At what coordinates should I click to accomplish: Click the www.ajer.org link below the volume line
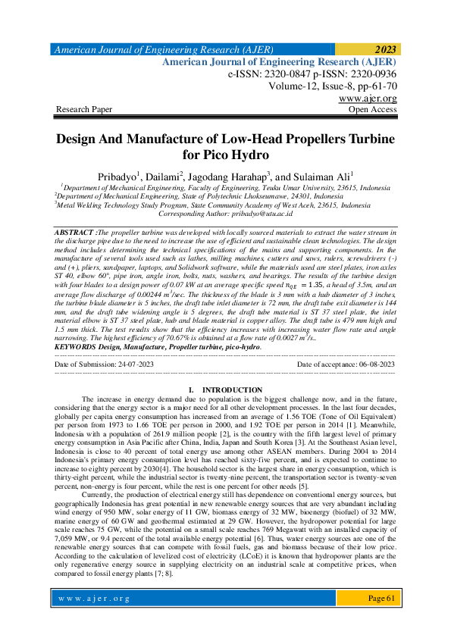pos(368,99)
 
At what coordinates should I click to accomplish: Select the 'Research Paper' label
pos(84,110)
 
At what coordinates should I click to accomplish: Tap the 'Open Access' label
pos(371,110)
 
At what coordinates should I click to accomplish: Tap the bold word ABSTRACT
pos(74,230)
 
